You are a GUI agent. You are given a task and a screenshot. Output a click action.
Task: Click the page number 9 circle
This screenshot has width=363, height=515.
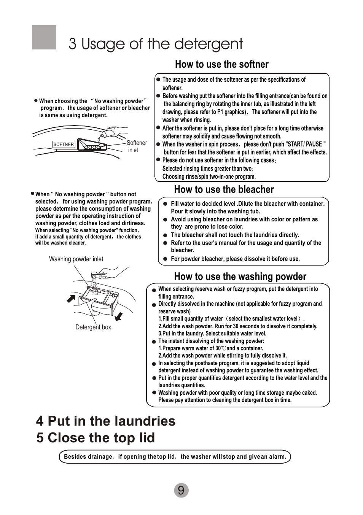coord(181,490)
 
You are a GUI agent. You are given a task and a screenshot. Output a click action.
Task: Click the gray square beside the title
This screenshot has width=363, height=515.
coord(44,37)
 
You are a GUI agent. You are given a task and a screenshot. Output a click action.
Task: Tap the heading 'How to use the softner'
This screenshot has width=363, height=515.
coord(221,64)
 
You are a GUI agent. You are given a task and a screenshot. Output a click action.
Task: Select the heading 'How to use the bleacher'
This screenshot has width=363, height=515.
coord(224,189)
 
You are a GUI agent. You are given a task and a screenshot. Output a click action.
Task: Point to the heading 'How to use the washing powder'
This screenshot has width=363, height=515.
coord(240,277)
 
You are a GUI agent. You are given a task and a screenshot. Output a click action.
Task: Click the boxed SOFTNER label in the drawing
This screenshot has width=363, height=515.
coord(64,145)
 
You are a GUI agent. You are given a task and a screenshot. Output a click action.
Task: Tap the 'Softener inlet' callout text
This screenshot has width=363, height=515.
coord(137,146)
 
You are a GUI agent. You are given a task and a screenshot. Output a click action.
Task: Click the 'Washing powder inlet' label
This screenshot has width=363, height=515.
coord(76,259)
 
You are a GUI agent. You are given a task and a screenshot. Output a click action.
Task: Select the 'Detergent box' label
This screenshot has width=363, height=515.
coord(93,327)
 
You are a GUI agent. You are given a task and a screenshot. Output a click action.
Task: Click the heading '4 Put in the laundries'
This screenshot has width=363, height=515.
coord(106,421)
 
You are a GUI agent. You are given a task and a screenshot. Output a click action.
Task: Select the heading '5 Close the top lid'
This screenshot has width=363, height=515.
coord(96,438)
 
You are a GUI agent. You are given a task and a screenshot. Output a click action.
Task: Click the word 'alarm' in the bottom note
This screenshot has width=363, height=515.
coord(277,457)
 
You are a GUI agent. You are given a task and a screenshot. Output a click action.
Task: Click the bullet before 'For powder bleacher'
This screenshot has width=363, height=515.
coord(165,259)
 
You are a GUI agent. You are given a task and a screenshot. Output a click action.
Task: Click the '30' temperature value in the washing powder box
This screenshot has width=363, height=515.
coord(218,348)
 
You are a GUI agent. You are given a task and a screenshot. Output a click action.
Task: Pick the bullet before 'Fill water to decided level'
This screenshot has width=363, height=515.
coord(165,204)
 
